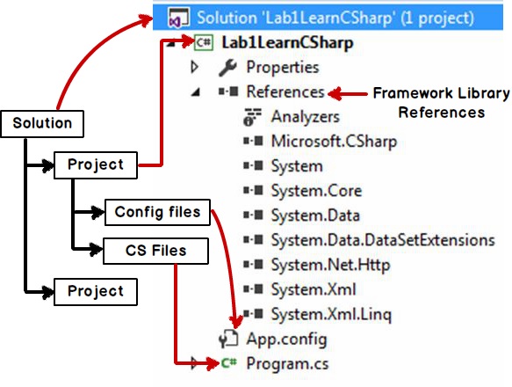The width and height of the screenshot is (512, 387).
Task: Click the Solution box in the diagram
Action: (x=42, y=124)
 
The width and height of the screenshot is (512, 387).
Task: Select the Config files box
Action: (x=157, y=212)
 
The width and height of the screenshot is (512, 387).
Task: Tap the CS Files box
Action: (x=155, y=251)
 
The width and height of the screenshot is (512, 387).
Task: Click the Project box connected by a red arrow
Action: (x=96, y=164)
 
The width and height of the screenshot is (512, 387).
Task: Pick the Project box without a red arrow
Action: (x=96, y=292)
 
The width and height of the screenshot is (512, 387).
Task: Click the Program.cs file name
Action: (x=287, y=364)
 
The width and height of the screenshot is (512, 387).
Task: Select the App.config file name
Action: (x=286, y=339)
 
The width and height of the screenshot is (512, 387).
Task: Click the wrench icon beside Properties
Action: (x=227, y=68)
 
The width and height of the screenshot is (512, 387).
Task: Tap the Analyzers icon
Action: (x=252, y=117)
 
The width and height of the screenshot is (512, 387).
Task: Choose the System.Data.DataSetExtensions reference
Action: (x=383, y=240)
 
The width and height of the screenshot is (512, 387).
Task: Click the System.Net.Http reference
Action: (x=330, y=265)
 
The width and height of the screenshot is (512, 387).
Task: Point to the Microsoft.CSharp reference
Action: (x=334, y=142)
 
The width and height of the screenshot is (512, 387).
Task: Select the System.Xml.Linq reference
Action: (x=331, y=314)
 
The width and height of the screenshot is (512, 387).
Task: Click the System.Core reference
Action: (x=316, y=191)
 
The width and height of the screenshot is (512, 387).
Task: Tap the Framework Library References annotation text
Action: (x=441, y=103)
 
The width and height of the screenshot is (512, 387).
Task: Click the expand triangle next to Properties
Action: (x=195, y=67)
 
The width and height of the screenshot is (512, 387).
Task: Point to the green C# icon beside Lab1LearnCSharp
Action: (x=204, y=42)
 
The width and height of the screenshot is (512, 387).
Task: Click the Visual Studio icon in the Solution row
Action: (x=178, y=18)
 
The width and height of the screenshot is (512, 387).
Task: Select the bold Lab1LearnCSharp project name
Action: (x=287, y=43)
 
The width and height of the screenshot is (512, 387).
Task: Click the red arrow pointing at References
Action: (x=348, y=94)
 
